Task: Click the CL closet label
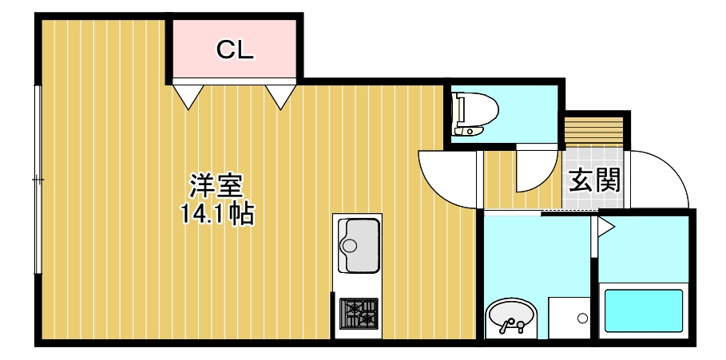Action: [235, 50]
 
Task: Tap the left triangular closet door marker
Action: [188, 96]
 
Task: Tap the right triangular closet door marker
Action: [280, 96]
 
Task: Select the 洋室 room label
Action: [215, 186]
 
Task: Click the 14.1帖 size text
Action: [215, 213]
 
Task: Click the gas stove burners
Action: [358, 313]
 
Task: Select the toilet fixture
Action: [471, 113]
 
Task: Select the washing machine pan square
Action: [569, 318]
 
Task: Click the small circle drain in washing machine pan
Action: [582, 318]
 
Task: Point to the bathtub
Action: [644, 311]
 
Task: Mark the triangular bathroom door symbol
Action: [605, 227]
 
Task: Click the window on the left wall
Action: [37, 180]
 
